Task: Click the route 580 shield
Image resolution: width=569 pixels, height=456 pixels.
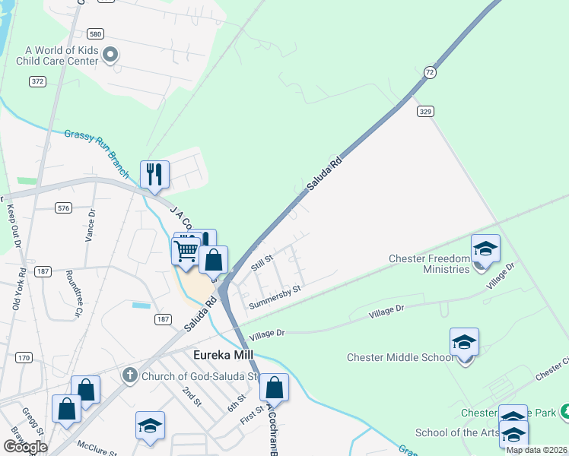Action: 95,34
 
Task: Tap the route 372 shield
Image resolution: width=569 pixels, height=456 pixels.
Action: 37,81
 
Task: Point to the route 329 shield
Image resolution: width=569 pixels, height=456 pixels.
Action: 425,111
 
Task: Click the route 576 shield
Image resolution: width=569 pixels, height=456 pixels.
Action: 63,207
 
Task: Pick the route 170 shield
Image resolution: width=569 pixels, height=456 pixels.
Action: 25,357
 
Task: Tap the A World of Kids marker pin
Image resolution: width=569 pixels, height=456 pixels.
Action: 111,54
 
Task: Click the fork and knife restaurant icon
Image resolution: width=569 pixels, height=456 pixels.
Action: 154,174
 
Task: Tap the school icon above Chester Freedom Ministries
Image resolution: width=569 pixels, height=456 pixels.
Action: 485,249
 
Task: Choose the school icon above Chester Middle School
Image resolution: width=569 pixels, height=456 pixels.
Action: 464,343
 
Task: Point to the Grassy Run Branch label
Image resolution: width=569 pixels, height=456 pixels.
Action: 97,144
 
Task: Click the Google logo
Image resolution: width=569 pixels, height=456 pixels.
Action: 25,447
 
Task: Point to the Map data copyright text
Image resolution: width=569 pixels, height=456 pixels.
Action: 536,450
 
